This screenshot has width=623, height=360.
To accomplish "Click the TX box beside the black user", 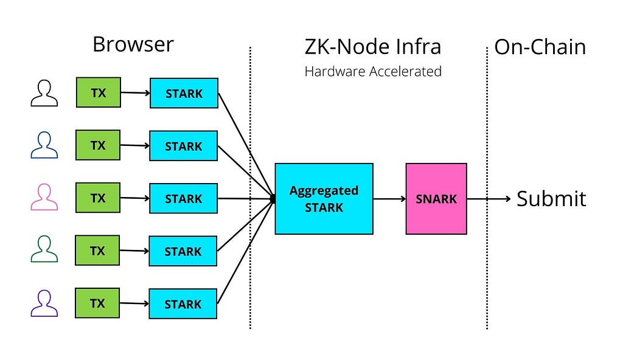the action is (x=99, y=92).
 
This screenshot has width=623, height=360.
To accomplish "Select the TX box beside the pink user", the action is (x=98, y=198).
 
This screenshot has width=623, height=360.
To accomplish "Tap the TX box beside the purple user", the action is (x=97, y=303).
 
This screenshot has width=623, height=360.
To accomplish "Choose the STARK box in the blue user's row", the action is (x=184, y=146).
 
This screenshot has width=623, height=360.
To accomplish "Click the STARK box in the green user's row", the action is (x=183, y=251).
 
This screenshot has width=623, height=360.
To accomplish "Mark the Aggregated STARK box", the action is (x=324, y=199).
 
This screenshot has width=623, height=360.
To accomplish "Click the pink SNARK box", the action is (x=436, y=199).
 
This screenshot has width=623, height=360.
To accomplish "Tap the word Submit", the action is (x=551, y=199).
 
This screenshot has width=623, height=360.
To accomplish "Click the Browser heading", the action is (x=133, y=44).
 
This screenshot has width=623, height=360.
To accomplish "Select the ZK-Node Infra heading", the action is (x=373, y=46).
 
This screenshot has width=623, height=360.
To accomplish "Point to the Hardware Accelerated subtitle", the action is (x=373, y=72).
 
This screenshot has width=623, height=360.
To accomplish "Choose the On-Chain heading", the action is (x=540, y=47).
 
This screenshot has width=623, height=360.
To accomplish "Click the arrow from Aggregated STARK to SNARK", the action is (x=390, y=199).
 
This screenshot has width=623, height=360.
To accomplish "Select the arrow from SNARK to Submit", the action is (x=489, y=199).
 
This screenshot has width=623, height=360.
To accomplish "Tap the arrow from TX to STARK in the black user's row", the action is (x=136, y=93).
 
